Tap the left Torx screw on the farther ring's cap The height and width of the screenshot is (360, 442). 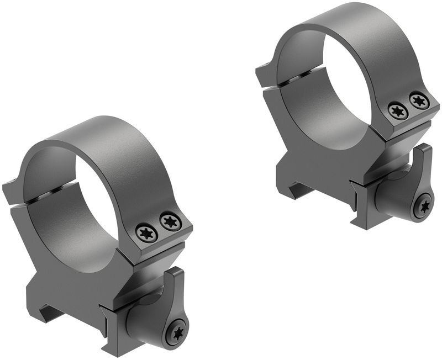pyautogui.click(x=398, y=111)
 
